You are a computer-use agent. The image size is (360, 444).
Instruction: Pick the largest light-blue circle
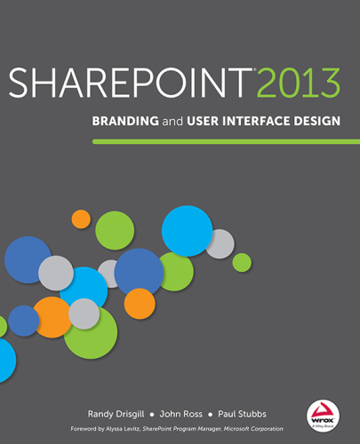click(x=188, y=230)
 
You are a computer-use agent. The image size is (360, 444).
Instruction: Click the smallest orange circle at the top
click(x=81, y=218)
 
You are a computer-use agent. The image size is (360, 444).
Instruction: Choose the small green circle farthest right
click(x=242, y=262)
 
